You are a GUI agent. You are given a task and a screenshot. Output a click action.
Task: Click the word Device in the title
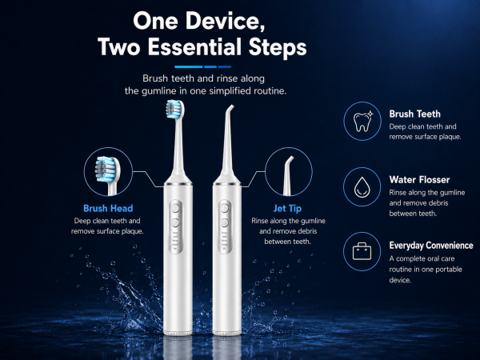(x=226, y=21)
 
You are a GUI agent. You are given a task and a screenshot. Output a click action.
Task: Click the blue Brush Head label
(x=108, y=208)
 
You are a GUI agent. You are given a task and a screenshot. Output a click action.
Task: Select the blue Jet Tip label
(x=287, y=209)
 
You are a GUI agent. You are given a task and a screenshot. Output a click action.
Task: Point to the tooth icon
(x=362, y=122)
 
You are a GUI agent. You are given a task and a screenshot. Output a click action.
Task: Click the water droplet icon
(x=362, y=186)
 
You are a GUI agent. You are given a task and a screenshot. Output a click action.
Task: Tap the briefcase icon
(x=362, y=251)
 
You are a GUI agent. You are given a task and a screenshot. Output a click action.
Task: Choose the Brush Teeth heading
(x=414, y=114)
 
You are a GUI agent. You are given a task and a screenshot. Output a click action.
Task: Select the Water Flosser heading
(x=419, y=180)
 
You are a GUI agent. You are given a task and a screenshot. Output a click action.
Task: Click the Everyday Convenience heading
(x=431, y=246)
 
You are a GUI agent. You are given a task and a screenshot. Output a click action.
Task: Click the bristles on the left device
(x=172, y=109)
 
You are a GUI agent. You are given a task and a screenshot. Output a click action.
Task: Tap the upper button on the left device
(x=175, y=209)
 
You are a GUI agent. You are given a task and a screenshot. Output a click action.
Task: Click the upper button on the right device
(x=225, y=208)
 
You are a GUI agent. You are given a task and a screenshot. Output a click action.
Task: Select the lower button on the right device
(x=225, y=222)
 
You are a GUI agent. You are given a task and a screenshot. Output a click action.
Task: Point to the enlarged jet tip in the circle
(x=288, y=175)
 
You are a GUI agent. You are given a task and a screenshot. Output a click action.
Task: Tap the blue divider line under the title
(x=202, y=66)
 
